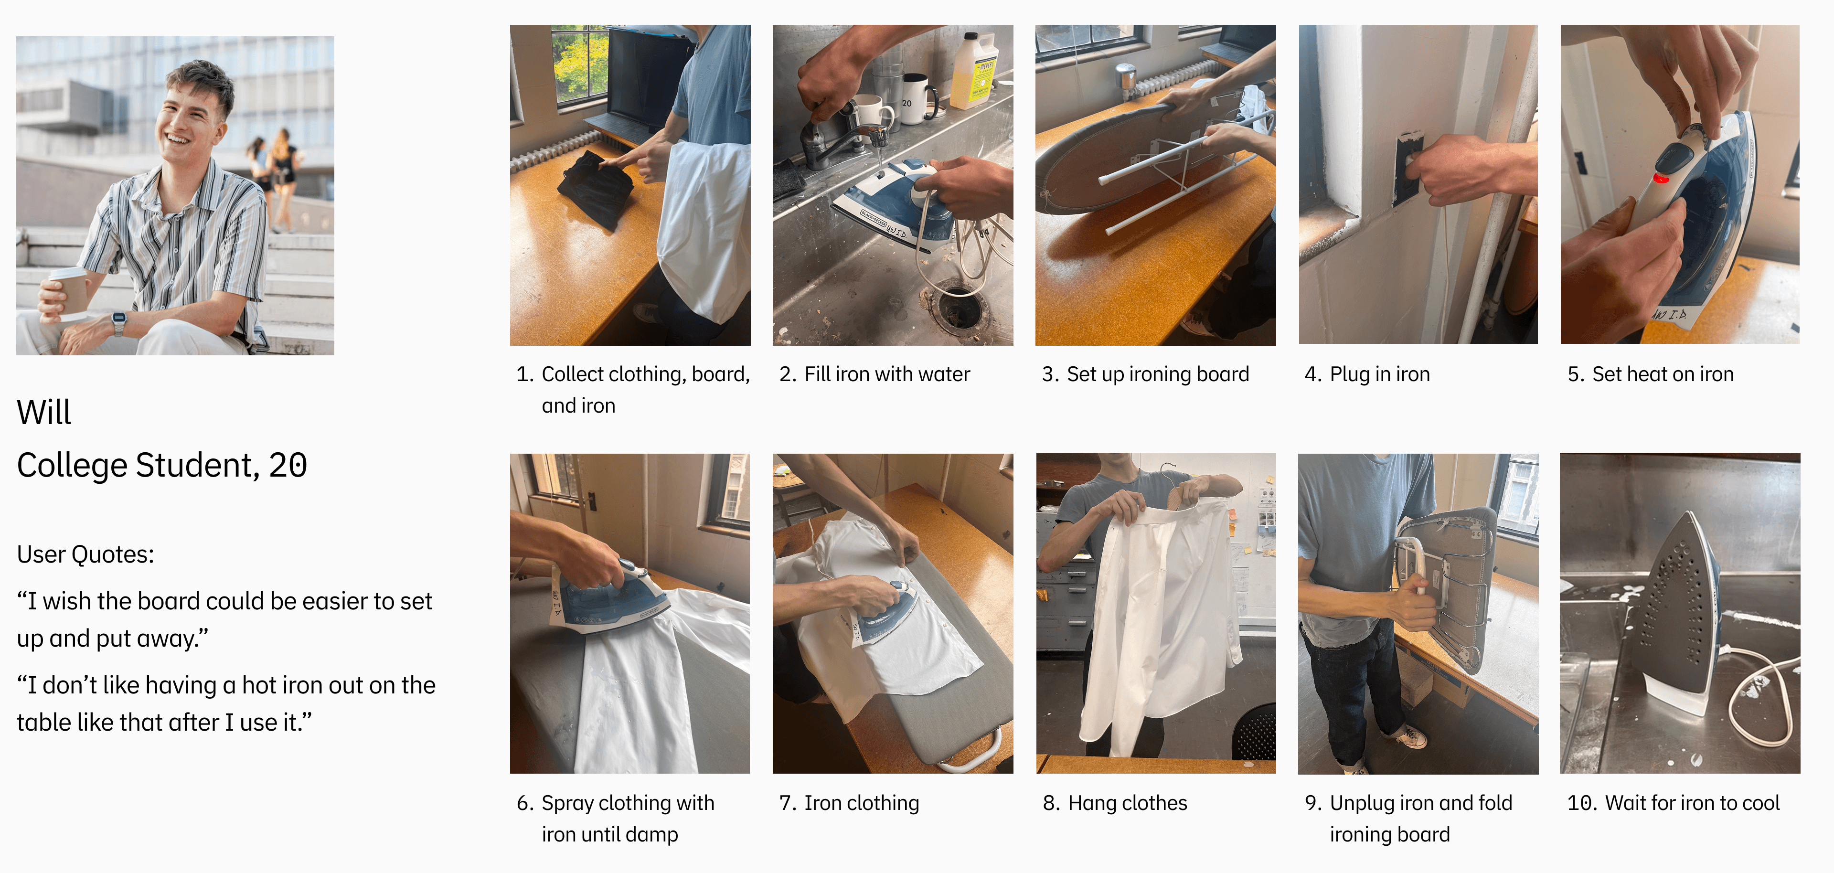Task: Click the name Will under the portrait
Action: pyautogui.click(x=43, y=412)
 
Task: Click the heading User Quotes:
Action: pyautogui.click(x=85, y=554)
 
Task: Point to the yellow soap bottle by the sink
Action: pyautogui.click(x=973, y=71)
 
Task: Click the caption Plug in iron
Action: pyautogui.click(x=1379, y=374)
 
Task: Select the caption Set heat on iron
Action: pyautogui.click(x=1663, y=374)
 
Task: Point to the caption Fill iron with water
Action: pyautogui.click(x=886, y=374)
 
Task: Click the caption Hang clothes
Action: pyautogui.click(x=1127, y=803)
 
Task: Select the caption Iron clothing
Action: pyautogui.click(x=862, y=803)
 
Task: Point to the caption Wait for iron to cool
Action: pyautogui.click(x=1692, y=803)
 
